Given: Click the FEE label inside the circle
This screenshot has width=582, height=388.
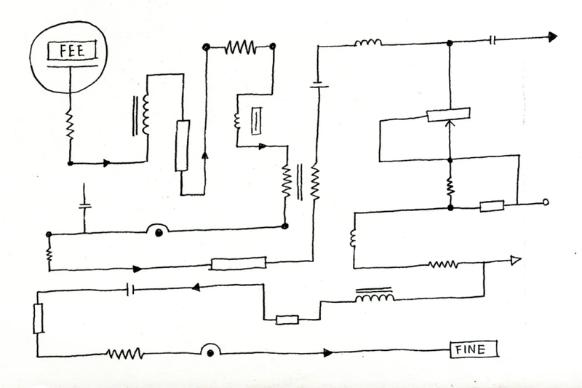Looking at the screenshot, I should coord(66,51).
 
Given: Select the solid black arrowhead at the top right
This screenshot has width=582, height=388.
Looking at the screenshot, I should coord(552,37).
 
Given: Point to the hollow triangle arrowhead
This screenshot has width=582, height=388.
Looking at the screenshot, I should coord(516,261).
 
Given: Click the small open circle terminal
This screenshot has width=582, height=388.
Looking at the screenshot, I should coord(546,203).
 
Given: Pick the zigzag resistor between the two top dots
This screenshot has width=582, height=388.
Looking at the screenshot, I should coord(239,48).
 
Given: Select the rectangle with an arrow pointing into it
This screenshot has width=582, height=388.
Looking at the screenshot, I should coord(447,114).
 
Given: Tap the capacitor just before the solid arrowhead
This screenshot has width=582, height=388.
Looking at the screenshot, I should coord(493,40).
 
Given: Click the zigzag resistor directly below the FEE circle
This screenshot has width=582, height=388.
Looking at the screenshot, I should coord(70,124).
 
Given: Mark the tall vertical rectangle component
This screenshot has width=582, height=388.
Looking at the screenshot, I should coord(182,146).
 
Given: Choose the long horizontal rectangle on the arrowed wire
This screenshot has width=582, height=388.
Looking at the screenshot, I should coord(238,263).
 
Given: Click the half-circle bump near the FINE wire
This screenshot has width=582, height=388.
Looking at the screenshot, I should coord(210,350).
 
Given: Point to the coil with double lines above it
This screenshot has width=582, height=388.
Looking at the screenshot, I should coord(375,296).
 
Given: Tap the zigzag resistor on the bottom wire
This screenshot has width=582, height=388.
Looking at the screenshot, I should coord(124,354).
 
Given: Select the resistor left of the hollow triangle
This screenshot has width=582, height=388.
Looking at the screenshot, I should coord(443,264).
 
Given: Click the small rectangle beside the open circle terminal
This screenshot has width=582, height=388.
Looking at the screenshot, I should coord(492,206).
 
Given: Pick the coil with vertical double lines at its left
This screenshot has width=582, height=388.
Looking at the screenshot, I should coord(145,114).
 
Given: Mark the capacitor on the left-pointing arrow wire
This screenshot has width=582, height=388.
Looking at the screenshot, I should coord(129,290).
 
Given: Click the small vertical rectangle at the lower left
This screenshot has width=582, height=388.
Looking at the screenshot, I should coord(39,318).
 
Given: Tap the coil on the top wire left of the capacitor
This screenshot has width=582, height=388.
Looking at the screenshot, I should coord(368,43).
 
